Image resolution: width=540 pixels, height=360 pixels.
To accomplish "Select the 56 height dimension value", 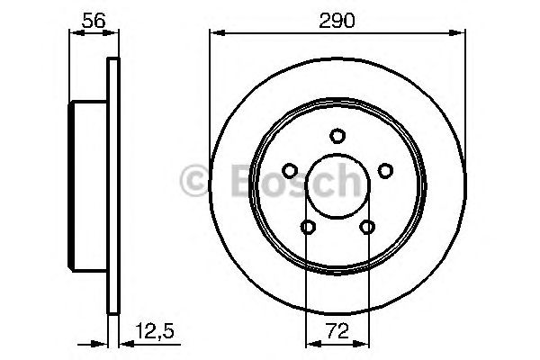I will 93,19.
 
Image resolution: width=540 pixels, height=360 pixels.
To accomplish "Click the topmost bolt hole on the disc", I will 337,136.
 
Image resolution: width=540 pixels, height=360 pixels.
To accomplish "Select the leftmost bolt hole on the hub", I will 289,170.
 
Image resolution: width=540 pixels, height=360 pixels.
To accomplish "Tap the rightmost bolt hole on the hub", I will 385,170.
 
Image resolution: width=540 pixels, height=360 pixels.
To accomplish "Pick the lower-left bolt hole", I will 308,227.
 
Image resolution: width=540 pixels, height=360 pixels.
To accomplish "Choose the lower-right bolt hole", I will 367,227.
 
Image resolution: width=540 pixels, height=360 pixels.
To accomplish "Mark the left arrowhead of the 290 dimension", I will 214,34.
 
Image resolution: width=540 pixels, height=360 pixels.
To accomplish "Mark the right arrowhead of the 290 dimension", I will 460,34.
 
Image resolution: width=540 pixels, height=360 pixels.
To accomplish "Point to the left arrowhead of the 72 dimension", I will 310,343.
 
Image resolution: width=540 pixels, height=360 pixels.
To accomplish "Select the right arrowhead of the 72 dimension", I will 363,343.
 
